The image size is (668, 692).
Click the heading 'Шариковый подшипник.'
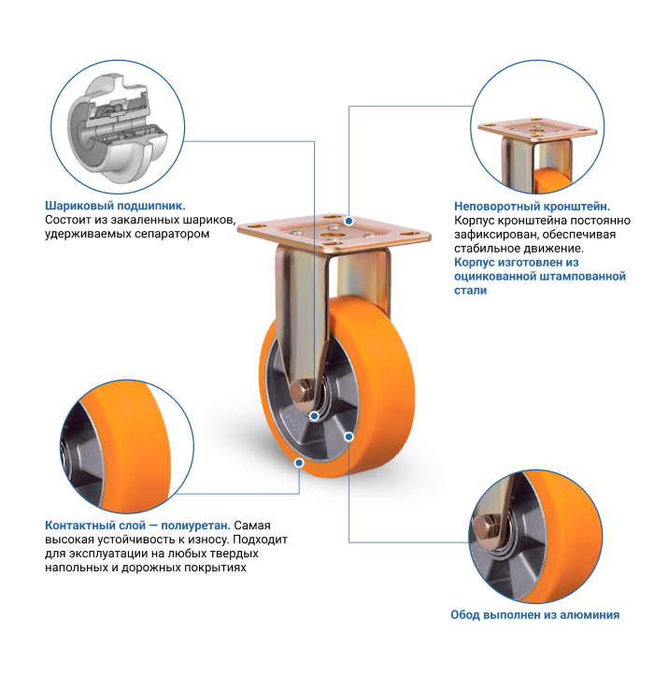coord(115,206)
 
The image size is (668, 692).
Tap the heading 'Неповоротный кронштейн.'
coord(533,207)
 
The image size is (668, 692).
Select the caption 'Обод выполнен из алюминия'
coord(534,614)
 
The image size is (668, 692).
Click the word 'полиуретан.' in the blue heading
coord(195,526)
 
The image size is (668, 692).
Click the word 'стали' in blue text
coord(471,291)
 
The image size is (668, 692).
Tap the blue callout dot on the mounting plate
coord(348,221)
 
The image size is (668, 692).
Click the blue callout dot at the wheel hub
coord(314,416)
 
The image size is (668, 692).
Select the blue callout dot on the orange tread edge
coord(299,463)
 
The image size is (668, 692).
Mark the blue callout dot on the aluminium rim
coord(348,437)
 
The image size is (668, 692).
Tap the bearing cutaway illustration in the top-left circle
coord(118,128)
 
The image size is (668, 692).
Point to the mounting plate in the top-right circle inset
coord(537,129)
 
